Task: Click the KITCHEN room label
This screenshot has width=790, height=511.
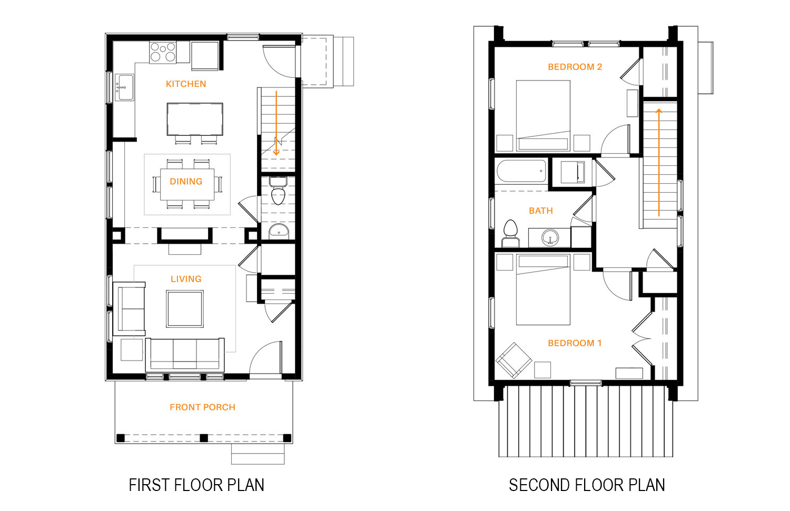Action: click(x=186, y=84)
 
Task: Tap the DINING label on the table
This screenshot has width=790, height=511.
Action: click(x=186, y=182)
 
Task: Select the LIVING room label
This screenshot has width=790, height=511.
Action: click(x=186, y=279)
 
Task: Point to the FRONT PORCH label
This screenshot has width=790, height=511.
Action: click(x=202, y=407)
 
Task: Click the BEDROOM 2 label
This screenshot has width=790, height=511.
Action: click(x=575, y=67)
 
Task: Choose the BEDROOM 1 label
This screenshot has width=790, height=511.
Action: click(x=575, y=343)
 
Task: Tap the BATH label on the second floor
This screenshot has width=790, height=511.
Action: click(x=541, y=211)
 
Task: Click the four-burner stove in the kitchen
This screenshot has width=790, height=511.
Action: click(x=163, y=53)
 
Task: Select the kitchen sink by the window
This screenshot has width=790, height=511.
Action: click(x=124, y=87)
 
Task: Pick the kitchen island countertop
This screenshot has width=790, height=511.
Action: click(x=195, y=119)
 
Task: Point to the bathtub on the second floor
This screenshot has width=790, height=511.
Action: click(x=521, y=171)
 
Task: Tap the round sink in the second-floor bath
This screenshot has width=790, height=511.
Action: click(x=549, y=237)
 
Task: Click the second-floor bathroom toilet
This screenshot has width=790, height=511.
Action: click(x=510, y=233)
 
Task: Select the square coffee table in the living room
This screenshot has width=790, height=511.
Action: click(x=185, y=309)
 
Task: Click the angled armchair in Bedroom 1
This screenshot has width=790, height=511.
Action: click(x=514, y=360)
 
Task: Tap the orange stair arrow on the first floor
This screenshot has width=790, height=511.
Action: click(x=276, y=123)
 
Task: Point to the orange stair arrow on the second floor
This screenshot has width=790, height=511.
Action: click(x=658, y=163)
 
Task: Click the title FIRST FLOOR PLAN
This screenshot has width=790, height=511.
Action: click(x=196, y=485)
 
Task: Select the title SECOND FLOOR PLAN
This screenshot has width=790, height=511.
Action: click(x=587, y=485)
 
